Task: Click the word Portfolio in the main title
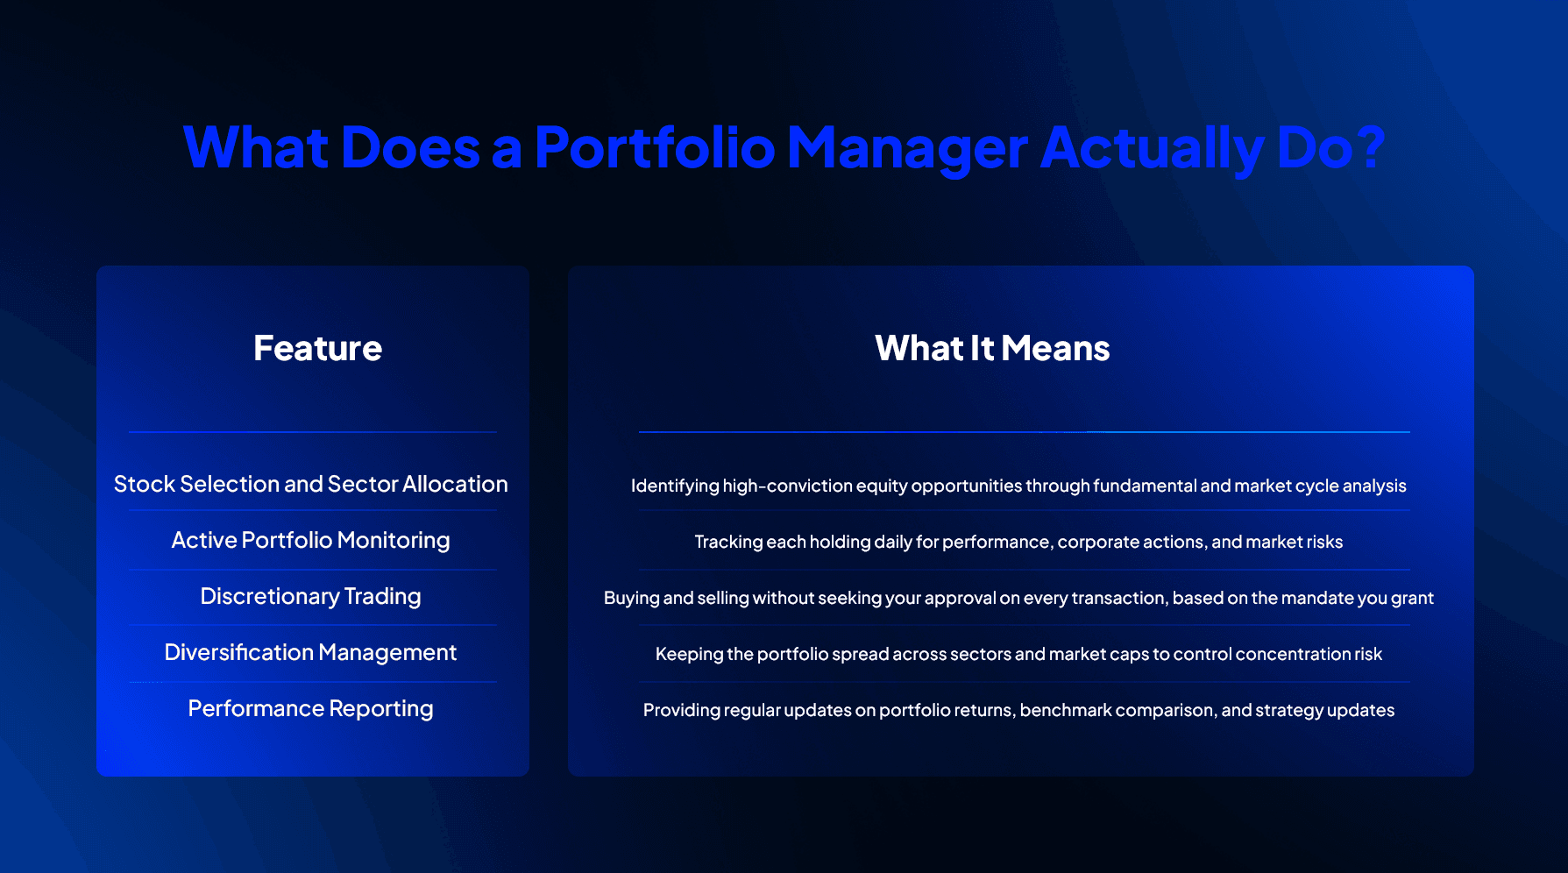[654, 147]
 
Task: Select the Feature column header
[317, 348]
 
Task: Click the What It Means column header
[992, 348]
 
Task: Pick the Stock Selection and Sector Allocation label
[311, 484]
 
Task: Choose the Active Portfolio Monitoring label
[311, 540]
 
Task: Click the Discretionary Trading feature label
[311, 596]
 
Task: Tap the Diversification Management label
[311, 652]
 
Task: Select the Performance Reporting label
[311, 708]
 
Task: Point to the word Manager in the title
[907, 147]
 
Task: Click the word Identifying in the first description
[674, 486]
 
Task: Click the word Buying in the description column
[631, 598]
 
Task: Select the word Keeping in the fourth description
[689, 654]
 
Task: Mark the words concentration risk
[1309, 654]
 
